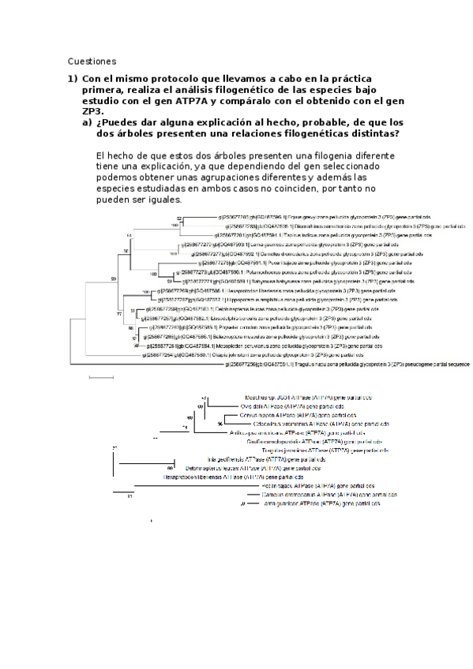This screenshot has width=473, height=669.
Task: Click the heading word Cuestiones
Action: click(x=92, y=61)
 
